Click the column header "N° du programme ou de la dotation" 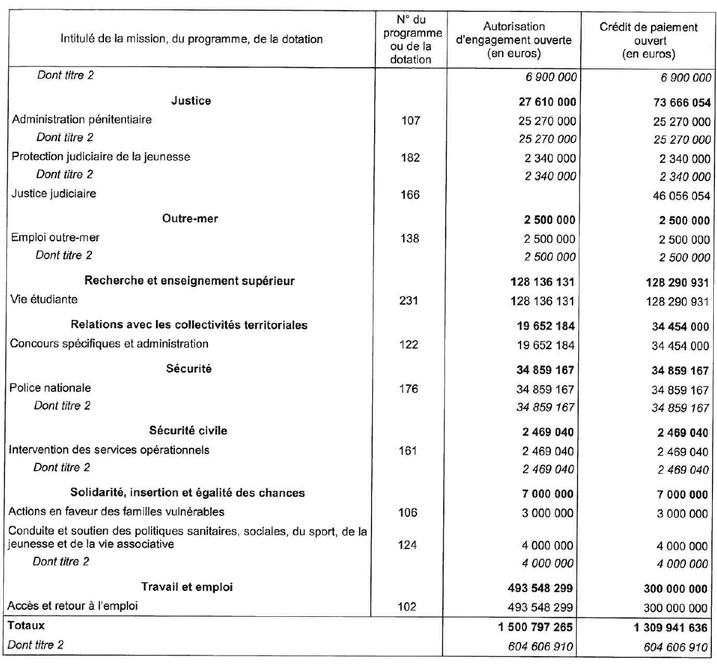click(x=410, y=39)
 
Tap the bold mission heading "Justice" click(x=191, y=101)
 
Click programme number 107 click(x=410, y=120)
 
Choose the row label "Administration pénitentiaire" click(x=82, y=120)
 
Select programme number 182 click(x=410, y=158)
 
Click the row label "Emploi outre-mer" click(x=55, y=238)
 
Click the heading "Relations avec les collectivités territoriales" click(x=189, y=325)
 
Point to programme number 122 click(x=410, y=345)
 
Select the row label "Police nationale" click(x=50, y=388)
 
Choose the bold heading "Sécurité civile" click(x=188, y=431)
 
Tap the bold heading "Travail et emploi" click(x=187, y=587)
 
